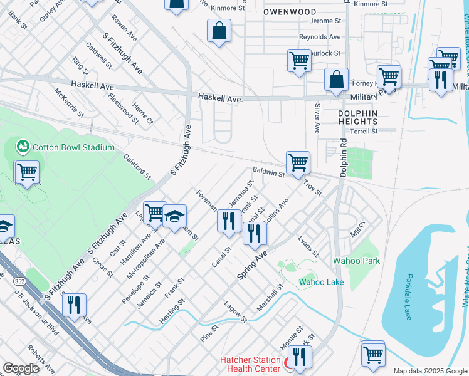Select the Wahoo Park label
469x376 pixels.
(356, 260)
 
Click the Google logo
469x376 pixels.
(21, 368)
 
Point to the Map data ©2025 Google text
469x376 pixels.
(429, 371)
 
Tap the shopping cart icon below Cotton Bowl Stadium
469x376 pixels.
(27, 171)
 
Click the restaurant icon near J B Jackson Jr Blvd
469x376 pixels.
(74, 305)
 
